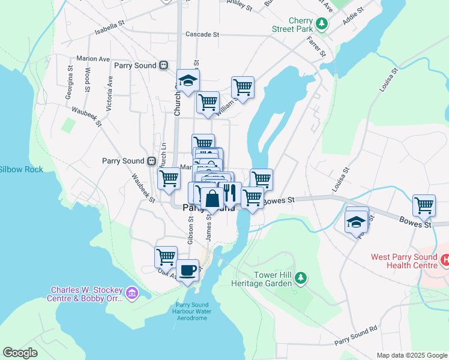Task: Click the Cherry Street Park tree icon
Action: pos(322,24)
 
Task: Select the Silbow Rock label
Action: pos(21,170)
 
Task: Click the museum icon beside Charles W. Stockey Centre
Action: pos(133,293)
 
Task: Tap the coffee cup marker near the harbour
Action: pos(188,269)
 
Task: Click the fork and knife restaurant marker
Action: pos(229,193)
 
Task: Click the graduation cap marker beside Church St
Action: pos(188,81)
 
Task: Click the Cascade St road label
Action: pos(202,34)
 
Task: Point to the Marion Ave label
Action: pos(93,59)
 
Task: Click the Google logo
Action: pos(20,353)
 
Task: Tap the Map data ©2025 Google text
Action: pos(411,355)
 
